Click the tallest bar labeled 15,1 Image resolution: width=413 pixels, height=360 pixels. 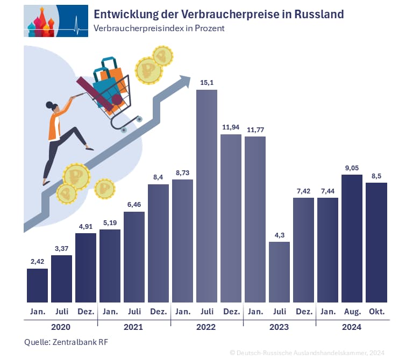coord(206,196)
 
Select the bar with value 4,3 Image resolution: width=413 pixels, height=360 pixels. coord(279,272)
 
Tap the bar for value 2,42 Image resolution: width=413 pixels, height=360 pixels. coord(37,285)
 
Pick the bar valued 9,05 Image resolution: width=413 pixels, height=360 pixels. coord(352,239)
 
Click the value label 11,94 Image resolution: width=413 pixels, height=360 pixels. coord(231,127)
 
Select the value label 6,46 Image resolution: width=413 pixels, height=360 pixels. coord(134,204)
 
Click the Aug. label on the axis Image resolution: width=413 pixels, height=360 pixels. coord(352,311)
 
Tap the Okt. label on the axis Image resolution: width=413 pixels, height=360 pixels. coord(376,311)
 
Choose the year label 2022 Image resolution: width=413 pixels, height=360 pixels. coord(206,327)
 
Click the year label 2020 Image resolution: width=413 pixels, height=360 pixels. coord(60,327)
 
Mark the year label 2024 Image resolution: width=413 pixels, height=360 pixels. coord(351,327)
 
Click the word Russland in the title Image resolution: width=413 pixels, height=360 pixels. coord(318,14)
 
